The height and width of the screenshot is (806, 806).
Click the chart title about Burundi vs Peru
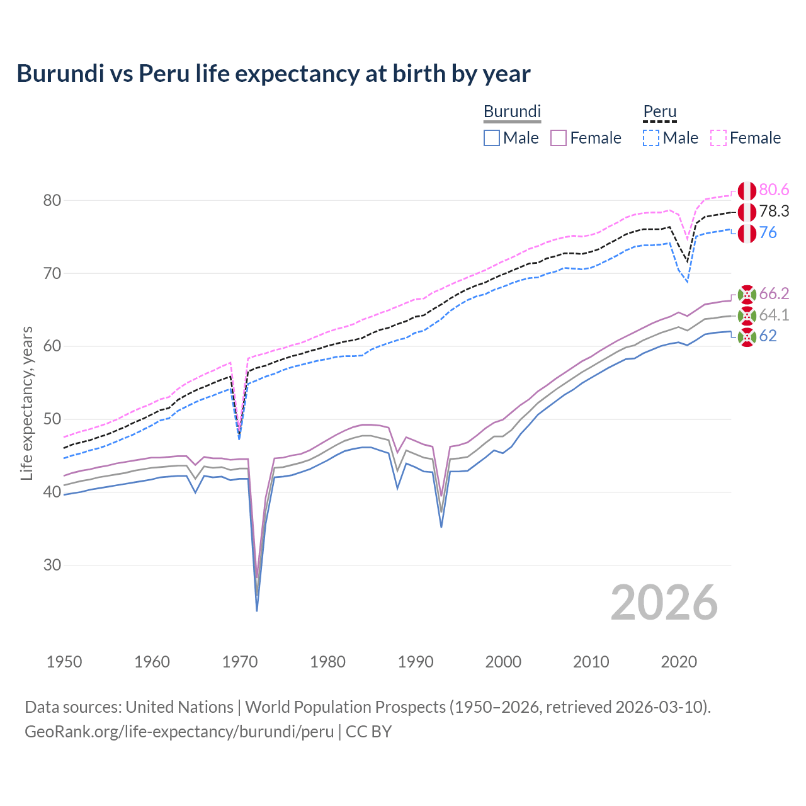click(x=273, y=74)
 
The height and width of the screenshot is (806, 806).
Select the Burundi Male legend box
click(x=492, y=138)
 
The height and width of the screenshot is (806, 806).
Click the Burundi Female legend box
click(x=559, y=138)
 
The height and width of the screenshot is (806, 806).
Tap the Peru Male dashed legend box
click(x=651, y=138)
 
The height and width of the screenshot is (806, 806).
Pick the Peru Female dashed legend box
click(x=718, y=138)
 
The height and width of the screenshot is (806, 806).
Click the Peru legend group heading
click(x=659, y=112)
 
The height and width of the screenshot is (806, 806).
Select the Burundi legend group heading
click(x=512, y=111)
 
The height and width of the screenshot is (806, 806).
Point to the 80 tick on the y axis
click(x=52, y=201)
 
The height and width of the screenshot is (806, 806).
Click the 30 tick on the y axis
click(x=52, y=565)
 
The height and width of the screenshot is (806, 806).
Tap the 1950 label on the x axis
click(x=64, y=662)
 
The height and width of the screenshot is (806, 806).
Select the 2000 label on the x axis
click(x=503, y=662)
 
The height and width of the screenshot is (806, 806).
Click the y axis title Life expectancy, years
click(x=27, y=403)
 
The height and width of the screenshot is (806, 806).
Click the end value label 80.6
click(x=774, y=190)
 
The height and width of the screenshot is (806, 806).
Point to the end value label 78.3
click(x=774, y=212)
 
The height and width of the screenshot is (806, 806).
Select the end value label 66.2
click(x=774, y=294)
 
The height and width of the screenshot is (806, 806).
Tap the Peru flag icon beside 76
click(x=747, y=233)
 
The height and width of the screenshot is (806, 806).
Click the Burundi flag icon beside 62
click(x=747, y=337)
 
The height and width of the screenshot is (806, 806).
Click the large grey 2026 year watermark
click(x=664, y=603)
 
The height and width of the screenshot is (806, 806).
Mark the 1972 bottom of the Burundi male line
click(x=257, y=610)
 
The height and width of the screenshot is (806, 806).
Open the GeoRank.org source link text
click(x=179, y=732)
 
